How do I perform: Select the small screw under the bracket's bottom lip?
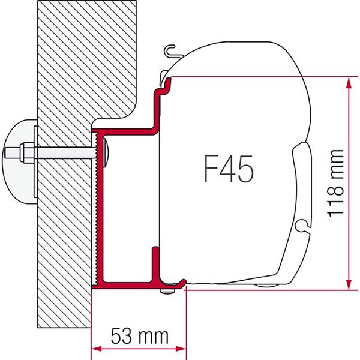[166, 292]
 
